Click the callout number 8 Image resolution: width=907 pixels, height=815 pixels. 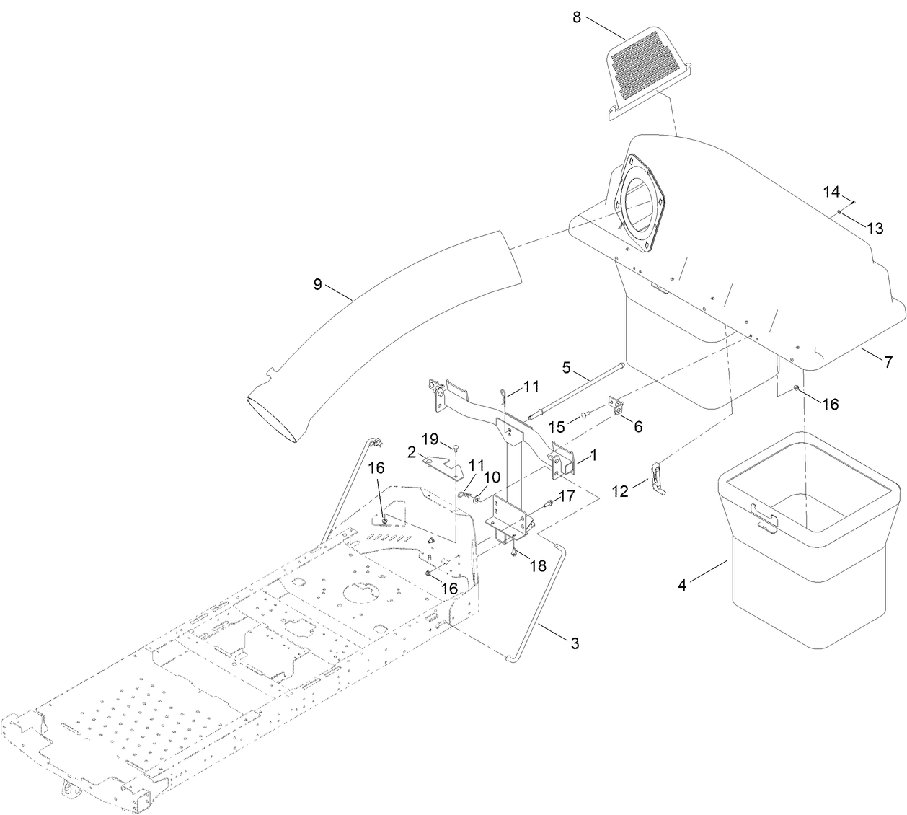[x=577, y=17]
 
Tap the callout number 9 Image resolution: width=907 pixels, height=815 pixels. [x=317, y=284]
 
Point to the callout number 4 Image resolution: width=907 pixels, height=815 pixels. [x=682, y=585]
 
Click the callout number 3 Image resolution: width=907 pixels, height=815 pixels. [x=575, y=643]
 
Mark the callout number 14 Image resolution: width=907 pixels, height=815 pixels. [x=831, y=192]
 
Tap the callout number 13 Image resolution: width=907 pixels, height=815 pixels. [x=874, y=228]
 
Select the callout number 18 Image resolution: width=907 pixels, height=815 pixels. [x=537, y=566]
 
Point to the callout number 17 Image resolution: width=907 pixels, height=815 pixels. [x=566, y=496]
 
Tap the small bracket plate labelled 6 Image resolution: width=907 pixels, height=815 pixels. [x=618, y=406]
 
